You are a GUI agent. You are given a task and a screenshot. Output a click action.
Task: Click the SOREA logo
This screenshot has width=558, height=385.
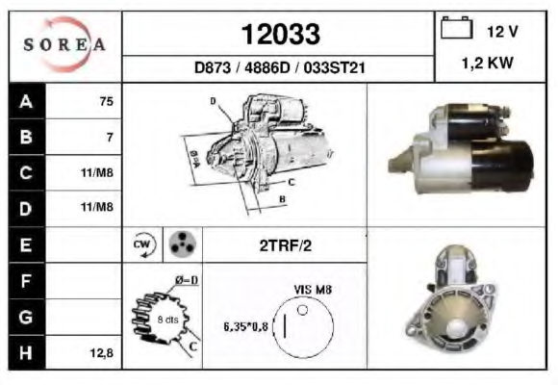click(64, 44)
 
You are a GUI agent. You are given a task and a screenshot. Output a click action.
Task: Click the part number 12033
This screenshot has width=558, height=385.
click(281, 35)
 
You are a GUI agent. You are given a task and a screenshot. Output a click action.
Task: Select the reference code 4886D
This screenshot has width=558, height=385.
click(267, 67)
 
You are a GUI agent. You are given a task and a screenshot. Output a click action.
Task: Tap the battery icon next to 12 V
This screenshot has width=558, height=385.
click(457, 27)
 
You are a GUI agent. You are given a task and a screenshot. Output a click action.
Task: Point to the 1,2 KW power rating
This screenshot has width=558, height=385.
click(488, 63)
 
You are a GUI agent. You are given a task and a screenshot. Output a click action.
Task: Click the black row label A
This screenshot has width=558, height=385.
click(27, 101)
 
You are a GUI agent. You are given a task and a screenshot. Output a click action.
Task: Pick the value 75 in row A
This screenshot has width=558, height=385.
click(107, 101)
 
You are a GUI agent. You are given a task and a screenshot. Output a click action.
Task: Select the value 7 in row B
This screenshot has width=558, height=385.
click(110, 137)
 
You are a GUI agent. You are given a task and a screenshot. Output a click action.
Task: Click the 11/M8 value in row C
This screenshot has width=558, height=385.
click(97, 172)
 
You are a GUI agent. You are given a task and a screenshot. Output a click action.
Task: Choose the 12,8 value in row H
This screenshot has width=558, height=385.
click(101, 353)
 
